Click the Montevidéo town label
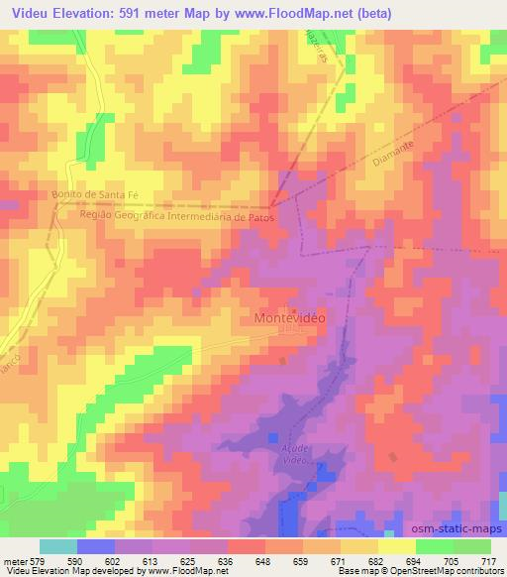click(x=290, y=319)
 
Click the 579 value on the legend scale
click(x=38, y=561)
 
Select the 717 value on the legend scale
click(x=488, y=561)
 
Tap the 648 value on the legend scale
click(x=263, y=561)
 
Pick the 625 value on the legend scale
click(x=188, y=561)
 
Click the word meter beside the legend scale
click(x=14, y=561)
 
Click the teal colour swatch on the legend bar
click(x=58, y=546)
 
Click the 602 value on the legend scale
click(x=113, y=561)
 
